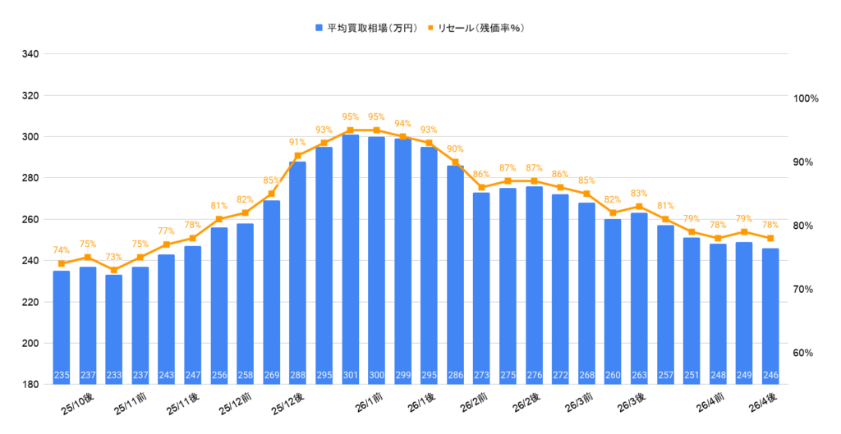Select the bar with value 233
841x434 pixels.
point(114,328)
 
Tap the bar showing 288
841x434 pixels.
point(298,271)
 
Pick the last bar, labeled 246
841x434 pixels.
point(770,316)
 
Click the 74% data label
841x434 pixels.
point(62,250)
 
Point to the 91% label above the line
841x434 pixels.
point(297,142)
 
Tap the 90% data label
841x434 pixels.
point(455,148)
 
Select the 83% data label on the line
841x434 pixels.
point(639,194)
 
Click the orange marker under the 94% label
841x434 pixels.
point(402,136)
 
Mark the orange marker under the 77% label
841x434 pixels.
point(166,244)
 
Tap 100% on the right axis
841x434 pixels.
point(807,98)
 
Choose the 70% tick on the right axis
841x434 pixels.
point(805,290)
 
